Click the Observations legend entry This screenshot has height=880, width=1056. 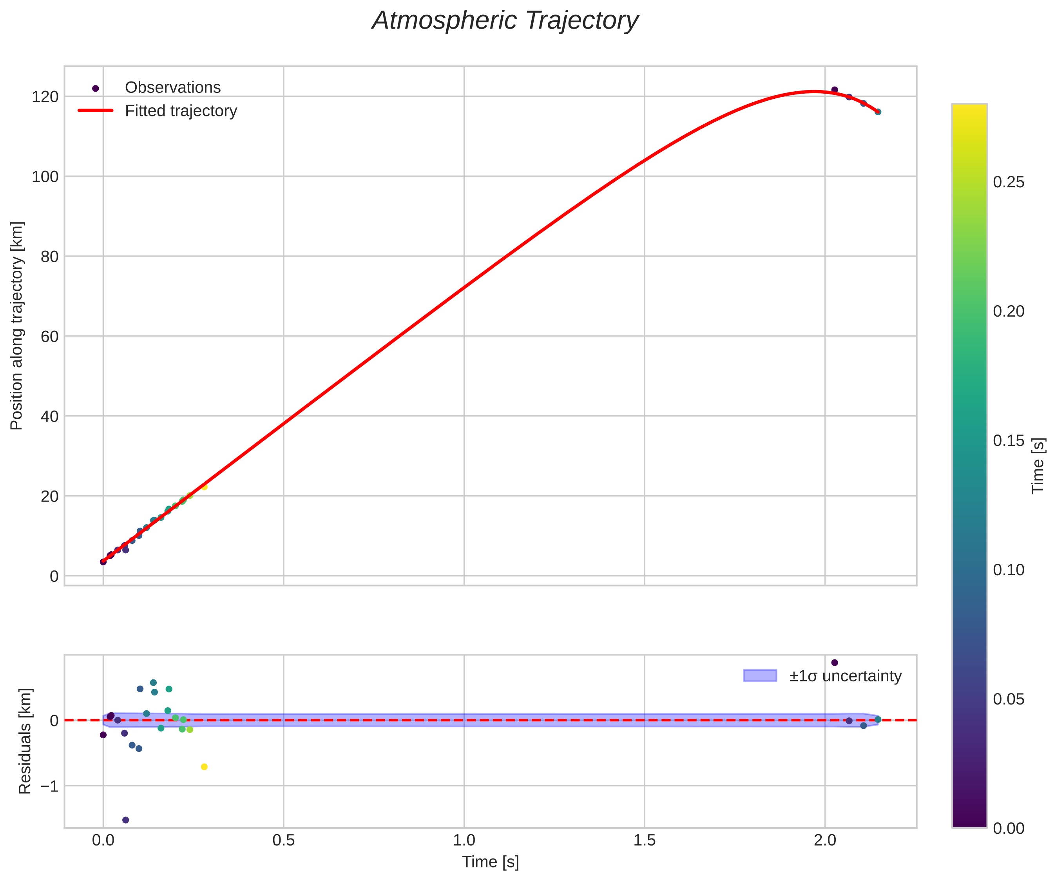[x=172, y=87]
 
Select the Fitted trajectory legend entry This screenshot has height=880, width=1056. [x=181, y=111]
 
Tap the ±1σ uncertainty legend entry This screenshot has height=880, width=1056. [x=845, y=676]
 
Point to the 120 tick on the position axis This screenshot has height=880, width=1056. [x=45, y=96]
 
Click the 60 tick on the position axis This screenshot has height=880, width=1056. [x=49, y=337]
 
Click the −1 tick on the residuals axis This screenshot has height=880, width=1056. [x=49, y=786]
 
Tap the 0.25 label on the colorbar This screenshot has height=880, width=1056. [x=1008, y=183]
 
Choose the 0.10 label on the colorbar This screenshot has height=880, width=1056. [x=1008, y=570]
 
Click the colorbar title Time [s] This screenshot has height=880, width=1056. [x=1038, y=465]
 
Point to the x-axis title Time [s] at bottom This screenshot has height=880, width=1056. [x=490, y=862]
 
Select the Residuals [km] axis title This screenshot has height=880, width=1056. [x=25, y=741]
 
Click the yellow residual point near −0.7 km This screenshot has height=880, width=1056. [x=204, y=767]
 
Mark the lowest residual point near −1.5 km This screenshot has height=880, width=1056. [x=126, y=820]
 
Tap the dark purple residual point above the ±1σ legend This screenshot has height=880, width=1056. [x=835, y=663]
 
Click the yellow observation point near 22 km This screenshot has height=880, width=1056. [x=204, y=487]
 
